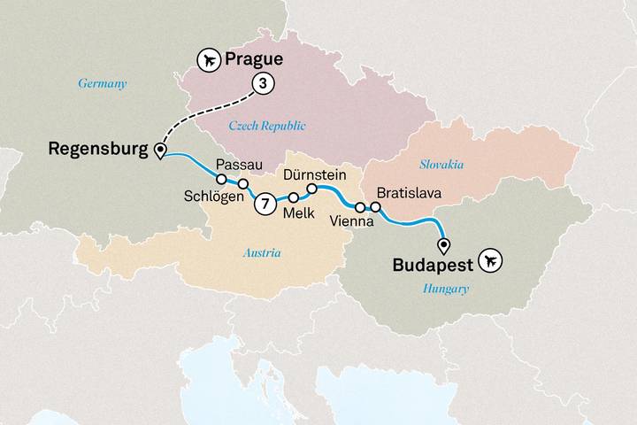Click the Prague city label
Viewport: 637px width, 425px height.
[x=254, y=61]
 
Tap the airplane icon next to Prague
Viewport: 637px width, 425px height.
[x=209, y=61]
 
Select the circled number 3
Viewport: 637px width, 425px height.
[x=262, y=83]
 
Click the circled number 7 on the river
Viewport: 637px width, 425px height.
[x=263, y=204]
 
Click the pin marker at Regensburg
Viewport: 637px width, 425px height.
[x=160, y=151]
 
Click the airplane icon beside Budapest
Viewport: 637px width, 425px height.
[x=489, y=262]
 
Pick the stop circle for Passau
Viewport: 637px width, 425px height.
[x=221, y=179]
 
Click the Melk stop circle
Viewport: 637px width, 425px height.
[x=293, y=197]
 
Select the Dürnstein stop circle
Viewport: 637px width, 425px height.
[x=312, y=189]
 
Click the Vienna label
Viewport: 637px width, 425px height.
[x=352, y=222]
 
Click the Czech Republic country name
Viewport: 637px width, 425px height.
[x=266, y=126]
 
